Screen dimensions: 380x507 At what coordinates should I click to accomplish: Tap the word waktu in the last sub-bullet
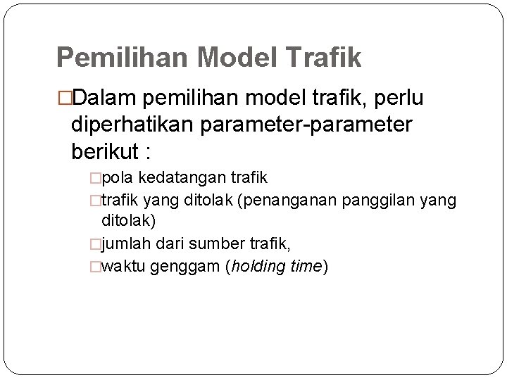coord(123,267)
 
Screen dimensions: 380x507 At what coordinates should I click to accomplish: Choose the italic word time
coord(304,267)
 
